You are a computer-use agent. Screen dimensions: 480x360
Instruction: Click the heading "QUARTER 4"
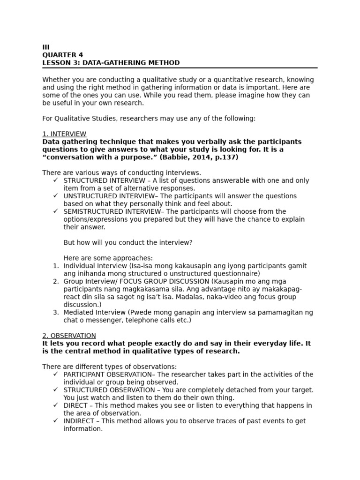click(62, 55)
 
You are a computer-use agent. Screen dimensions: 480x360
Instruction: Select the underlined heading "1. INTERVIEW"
click(64, 134)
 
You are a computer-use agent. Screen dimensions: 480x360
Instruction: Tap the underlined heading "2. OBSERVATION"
click(69, 336)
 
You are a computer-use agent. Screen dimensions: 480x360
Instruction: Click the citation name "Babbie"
click(173, 157)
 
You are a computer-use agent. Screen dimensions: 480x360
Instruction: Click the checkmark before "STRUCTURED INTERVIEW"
click(55, 180)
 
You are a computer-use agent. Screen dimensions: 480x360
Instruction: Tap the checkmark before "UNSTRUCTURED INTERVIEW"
click(55, 196)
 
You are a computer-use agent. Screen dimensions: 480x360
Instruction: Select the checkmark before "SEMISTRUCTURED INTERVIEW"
click(55, 211)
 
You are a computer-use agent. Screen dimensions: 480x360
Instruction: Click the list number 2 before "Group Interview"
click(55, 281)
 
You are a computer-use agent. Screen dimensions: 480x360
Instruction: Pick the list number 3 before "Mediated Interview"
click(55, 312)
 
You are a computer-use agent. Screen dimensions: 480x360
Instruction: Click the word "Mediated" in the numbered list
click(77, 312)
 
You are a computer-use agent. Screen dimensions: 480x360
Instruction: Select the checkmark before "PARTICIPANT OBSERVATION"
click(55, 375)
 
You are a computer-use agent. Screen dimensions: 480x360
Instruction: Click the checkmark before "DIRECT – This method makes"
click(55, 405)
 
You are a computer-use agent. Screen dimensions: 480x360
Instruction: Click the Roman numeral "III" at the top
click(46, 47)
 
